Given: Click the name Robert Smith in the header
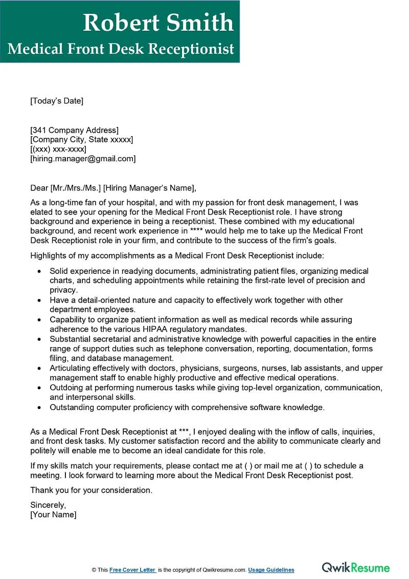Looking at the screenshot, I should [158, 23].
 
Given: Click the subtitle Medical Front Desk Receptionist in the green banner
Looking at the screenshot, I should [121, 49].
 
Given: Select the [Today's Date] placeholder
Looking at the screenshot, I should [57, 101].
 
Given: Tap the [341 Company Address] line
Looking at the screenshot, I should [74, 130].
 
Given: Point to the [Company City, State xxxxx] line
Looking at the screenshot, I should [82, 140].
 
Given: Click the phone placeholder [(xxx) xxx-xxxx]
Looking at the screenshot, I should [58, 149].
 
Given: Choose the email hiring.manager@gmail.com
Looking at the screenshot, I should [83, 159].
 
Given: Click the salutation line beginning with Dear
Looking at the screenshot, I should [113, 188].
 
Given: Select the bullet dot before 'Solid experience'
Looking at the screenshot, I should [40, 271].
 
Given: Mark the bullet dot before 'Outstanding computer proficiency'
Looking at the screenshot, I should [40, 408].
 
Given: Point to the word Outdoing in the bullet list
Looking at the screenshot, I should [66, 388].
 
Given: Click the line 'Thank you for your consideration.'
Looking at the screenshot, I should [91, 490].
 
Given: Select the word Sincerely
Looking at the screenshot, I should [48, 505].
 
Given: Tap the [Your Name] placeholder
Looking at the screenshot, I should [53, 514].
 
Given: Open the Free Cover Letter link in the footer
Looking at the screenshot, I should [132, 570].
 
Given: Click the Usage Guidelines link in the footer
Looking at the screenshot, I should [272, 570].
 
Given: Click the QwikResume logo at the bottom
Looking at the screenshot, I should [355, 567].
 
